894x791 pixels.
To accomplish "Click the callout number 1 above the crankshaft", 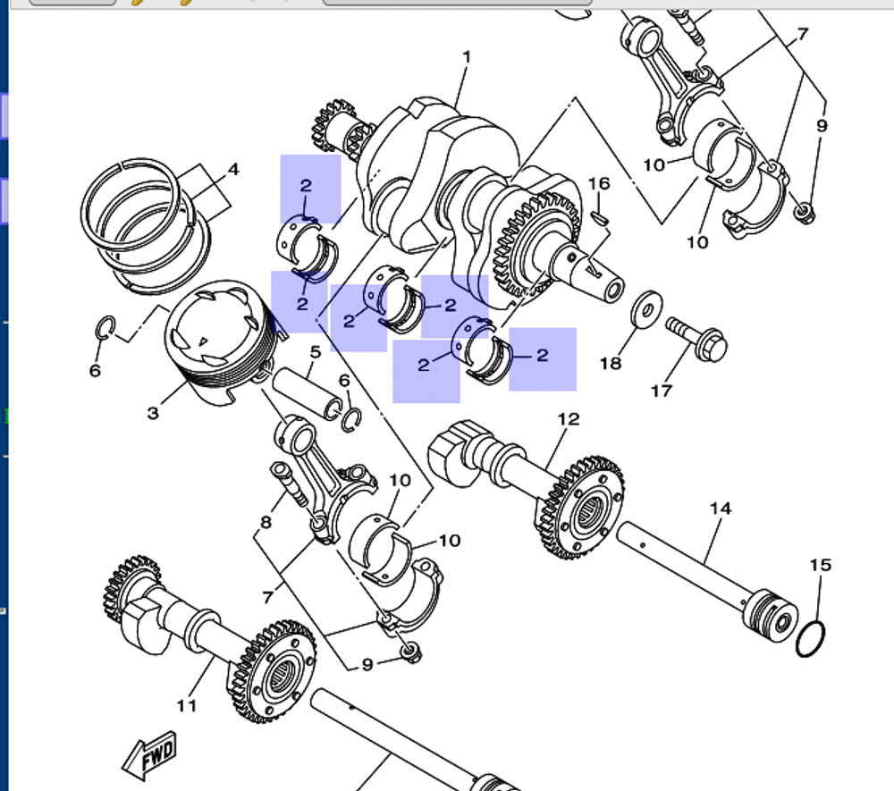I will click(x=466, y=57).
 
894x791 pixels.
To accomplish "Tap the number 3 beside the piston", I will click(x=153, y=413).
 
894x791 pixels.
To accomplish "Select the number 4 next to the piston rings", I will click(x=232, y=169).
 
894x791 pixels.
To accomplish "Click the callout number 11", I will click(x=186, y=706).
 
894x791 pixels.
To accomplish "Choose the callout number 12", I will click(x=569, y=418).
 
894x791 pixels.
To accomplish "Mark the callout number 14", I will click(x=721, y=509).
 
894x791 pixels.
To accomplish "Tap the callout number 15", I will click(x=821, y=565).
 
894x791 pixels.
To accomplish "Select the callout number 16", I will click(x=599, y=183).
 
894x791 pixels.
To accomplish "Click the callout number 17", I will click(x=662, y=391).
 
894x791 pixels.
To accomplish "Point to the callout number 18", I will click(x=610, y=363).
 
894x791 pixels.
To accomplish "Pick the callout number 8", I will click(x=265, y=522).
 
